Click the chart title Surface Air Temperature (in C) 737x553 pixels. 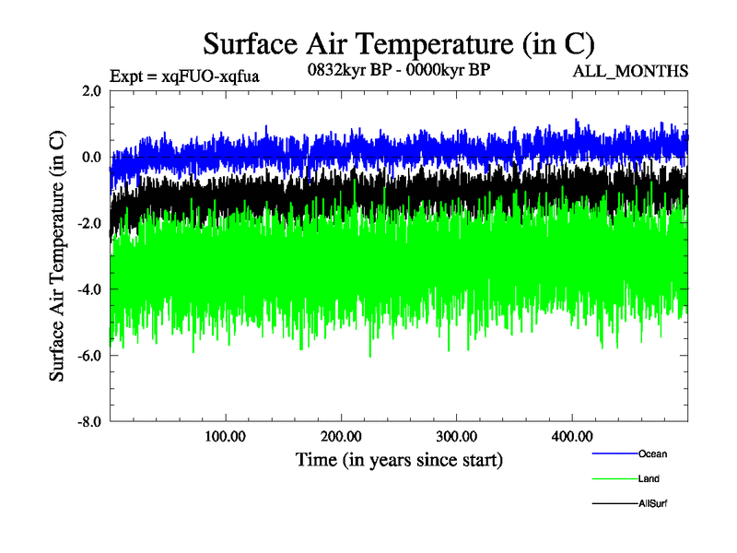[x=398, y=43]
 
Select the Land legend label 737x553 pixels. [x=648, y=478]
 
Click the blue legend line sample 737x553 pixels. [x=614, y=453]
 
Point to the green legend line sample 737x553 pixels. [x=614, y=478]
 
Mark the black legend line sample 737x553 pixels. [x=614, y=503]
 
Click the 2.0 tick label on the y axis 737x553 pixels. [x=91, y=90]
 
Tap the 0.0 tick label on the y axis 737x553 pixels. [x=91, y=157]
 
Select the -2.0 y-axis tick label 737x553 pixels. [x=88, y=223]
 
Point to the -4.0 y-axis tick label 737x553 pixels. [x=88, y=289]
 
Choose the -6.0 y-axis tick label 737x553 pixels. [x=88, y=355]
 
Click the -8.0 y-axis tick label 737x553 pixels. [x=88, y=421]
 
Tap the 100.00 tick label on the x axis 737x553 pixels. [x=226, y=436]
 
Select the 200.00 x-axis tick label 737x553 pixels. [x=341, y=436]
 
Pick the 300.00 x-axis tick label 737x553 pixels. [x=456, y=436]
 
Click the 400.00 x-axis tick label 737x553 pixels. [x=571, y=436]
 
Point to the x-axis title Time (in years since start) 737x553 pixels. [x=399, y=459]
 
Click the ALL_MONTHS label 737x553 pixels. [x=630, y=72]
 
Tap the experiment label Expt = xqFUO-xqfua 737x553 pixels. [x=184, y=76]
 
